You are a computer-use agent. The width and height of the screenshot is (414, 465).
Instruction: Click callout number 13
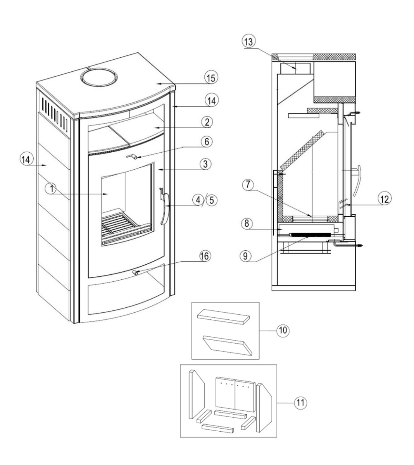[249, 41]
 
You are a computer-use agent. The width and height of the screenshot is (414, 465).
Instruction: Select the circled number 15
[211, 77]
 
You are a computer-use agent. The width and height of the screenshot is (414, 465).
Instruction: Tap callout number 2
[207, 122]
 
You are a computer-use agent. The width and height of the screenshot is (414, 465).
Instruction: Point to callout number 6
[207, 141]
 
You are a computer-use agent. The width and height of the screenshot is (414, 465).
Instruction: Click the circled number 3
[205, 164]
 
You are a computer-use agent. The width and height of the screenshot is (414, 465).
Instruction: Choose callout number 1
[52, 189]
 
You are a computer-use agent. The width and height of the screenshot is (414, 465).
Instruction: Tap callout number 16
[205, 256]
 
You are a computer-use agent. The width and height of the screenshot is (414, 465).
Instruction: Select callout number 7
[248, 184]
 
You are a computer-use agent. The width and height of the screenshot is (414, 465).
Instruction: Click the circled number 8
[247, 223]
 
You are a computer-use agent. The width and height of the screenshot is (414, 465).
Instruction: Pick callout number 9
[245, 256]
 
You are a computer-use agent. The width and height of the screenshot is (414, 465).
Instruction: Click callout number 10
[283, 330]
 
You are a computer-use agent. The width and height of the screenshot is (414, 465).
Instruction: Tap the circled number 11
[301, 402]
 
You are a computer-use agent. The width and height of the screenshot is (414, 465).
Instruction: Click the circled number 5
[212, 200]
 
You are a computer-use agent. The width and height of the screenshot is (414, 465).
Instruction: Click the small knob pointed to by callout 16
[135, 272]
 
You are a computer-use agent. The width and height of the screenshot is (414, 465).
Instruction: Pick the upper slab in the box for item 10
[223, 317]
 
